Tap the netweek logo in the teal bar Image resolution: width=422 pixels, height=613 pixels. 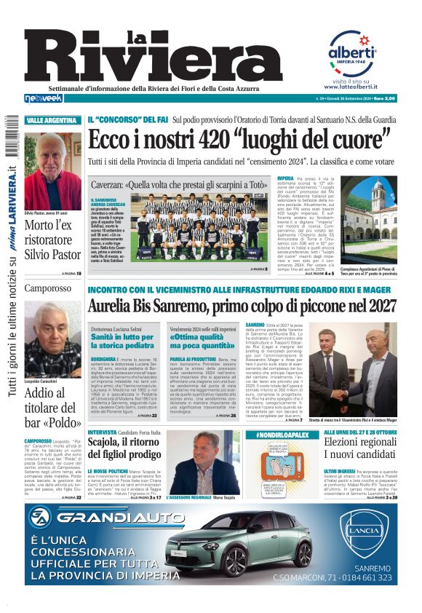click(44, 98)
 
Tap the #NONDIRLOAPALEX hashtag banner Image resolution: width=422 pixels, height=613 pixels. click(282, 435)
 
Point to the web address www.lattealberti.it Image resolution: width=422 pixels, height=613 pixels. click(353, 87)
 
